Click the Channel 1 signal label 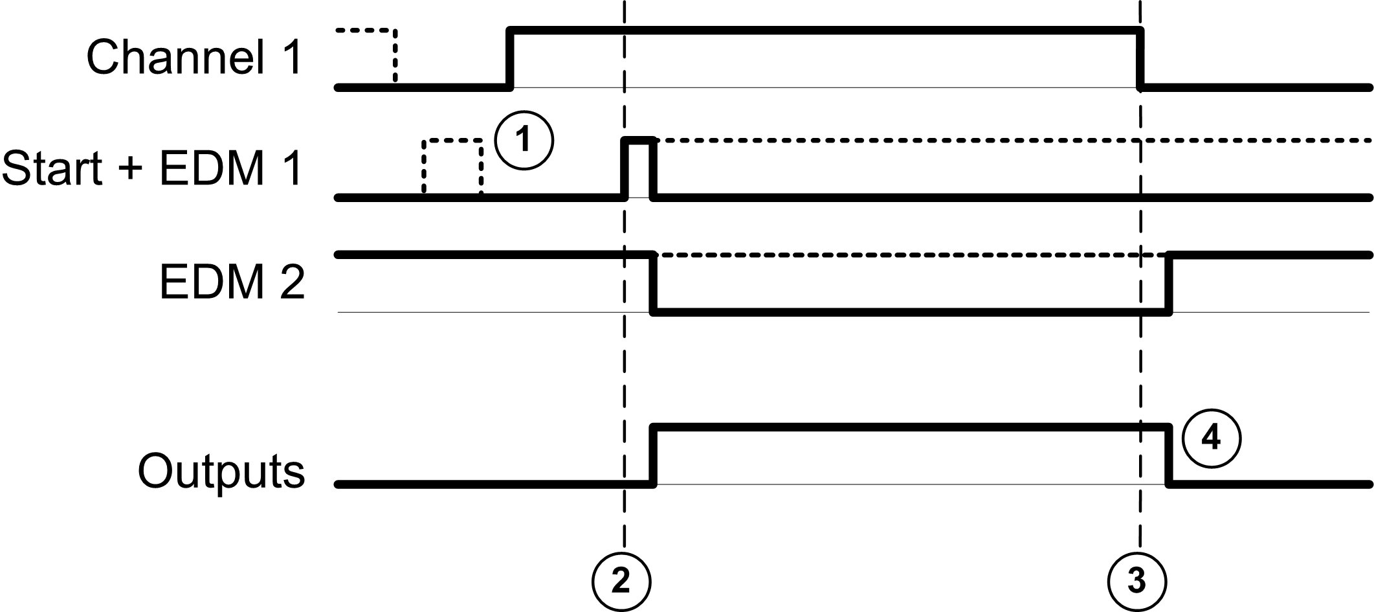[194, 58]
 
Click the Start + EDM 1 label [152, 169]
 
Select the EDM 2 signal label [232, 283]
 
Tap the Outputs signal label [221, 471]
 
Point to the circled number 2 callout [621, 581]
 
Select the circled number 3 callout [1136, 581]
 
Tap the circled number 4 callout [1211, 438]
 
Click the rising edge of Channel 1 [510, 58]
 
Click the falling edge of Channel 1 [1140, 58]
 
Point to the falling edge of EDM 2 [654, 284]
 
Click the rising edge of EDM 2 [1169, 284]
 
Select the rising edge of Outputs [654, 455]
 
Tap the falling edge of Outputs [1169, 455]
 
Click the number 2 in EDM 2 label [292, 283]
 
